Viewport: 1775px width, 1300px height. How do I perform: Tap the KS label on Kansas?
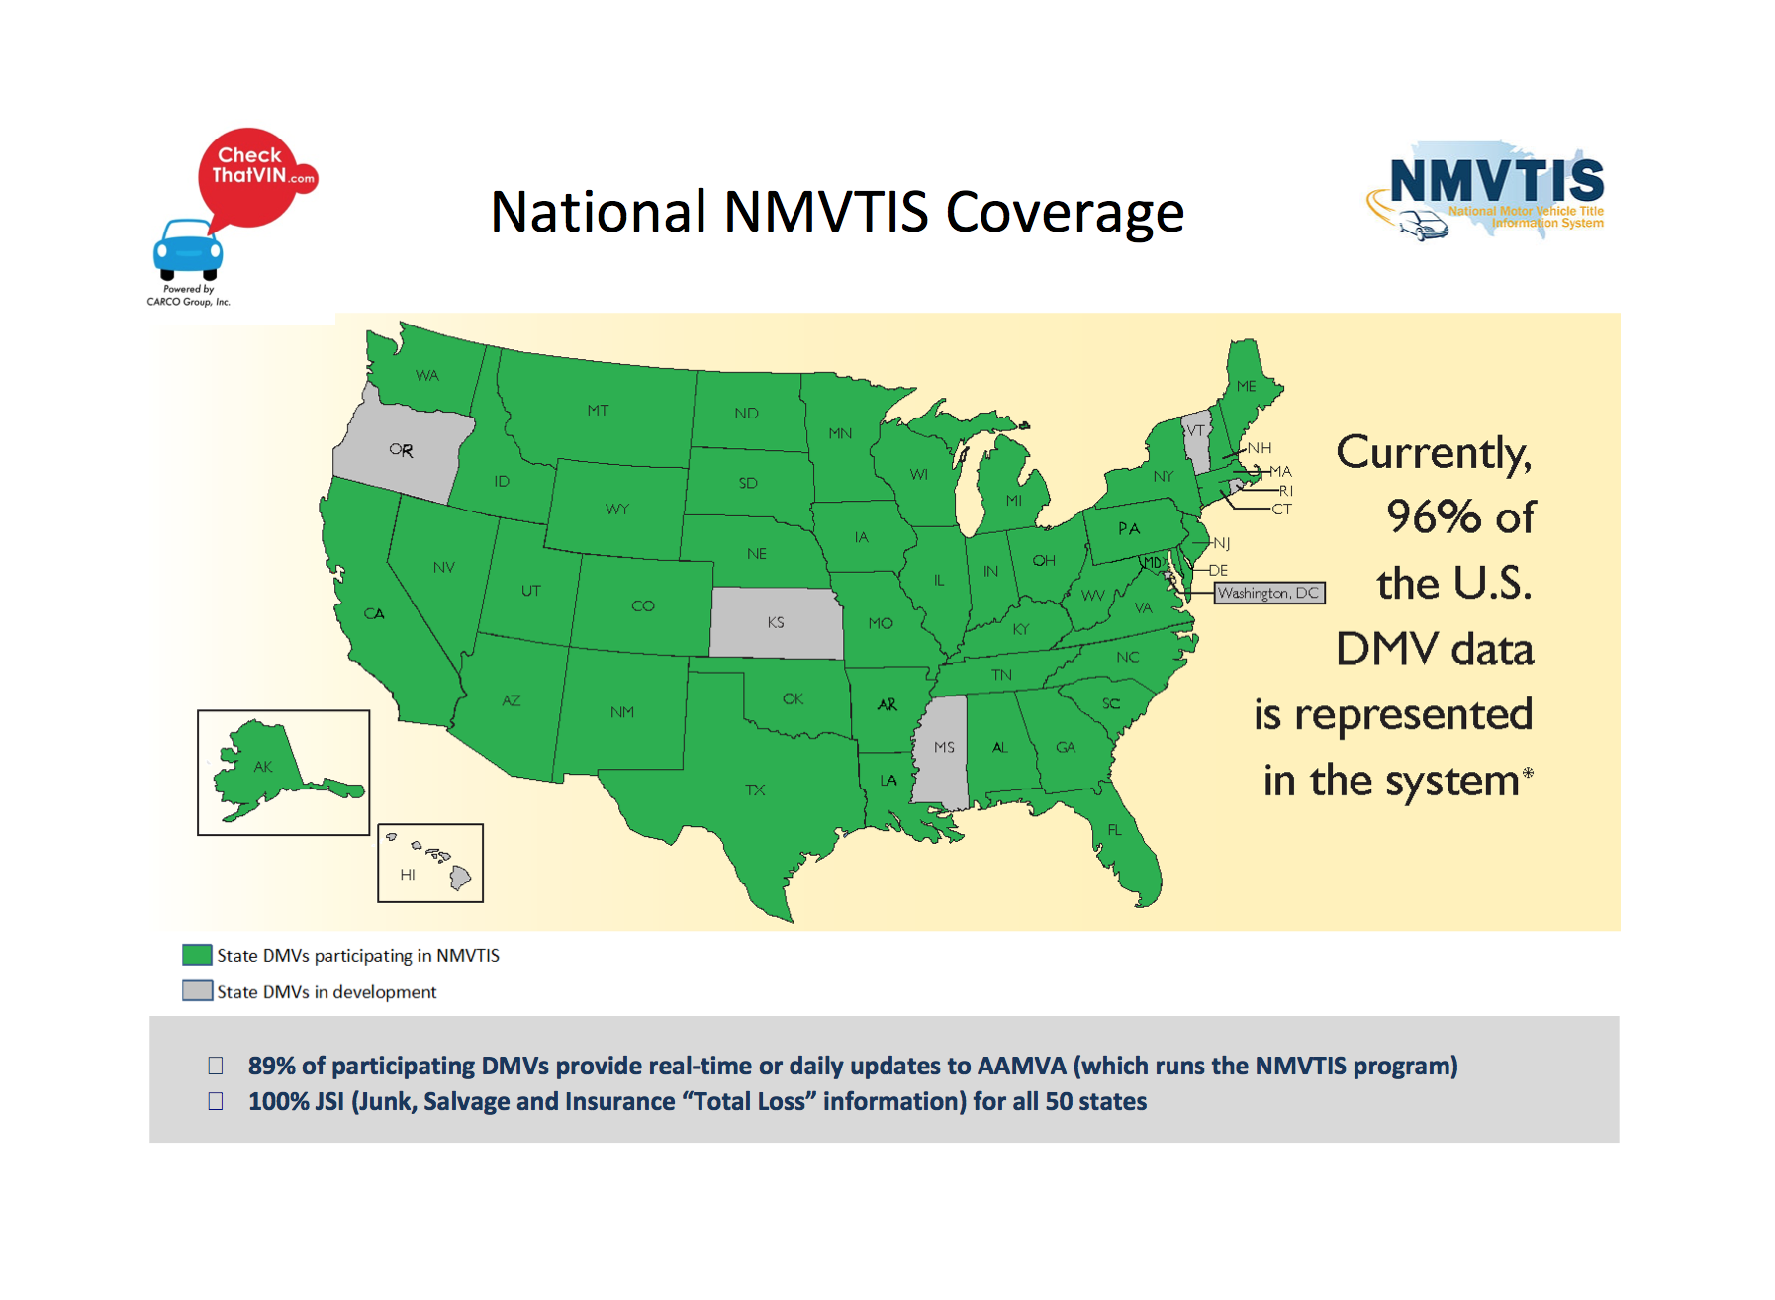[776, 622]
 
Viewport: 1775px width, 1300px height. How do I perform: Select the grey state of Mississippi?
[941, 751]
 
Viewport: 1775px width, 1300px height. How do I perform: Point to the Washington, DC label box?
[1269, 593]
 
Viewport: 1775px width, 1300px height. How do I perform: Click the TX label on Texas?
[755, 789]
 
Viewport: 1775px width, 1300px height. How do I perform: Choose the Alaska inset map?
[284, 773]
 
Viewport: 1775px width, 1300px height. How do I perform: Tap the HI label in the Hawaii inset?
[408, 875]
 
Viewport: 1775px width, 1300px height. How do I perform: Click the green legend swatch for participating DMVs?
[197, 955]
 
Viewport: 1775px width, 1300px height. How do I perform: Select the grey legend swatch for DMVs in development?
[197, 990]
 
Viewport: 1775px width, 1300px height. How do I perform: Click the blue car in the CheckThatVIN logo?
[188, 249]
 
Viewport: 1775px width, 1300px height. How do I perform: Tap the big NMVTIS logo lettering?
[1496, 181]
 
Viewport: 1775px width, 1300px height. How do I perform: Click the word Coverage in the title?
[1065, 212]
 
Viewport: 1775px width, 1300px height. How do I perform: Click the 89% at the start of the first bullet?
[271, 1066]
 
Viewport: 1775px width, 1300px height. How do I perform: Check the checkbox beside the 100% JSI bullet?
[216, 1101]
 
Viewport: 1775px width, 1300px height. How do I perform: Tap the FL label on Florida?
[1115, 830]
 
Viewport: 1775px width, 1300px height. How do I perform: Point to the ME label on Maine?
[1246, 386]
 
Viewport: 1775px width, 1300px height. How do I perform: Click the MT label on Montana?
[598, 410]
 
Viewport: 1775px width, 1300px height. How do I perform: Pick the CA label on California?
[374, 613]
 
